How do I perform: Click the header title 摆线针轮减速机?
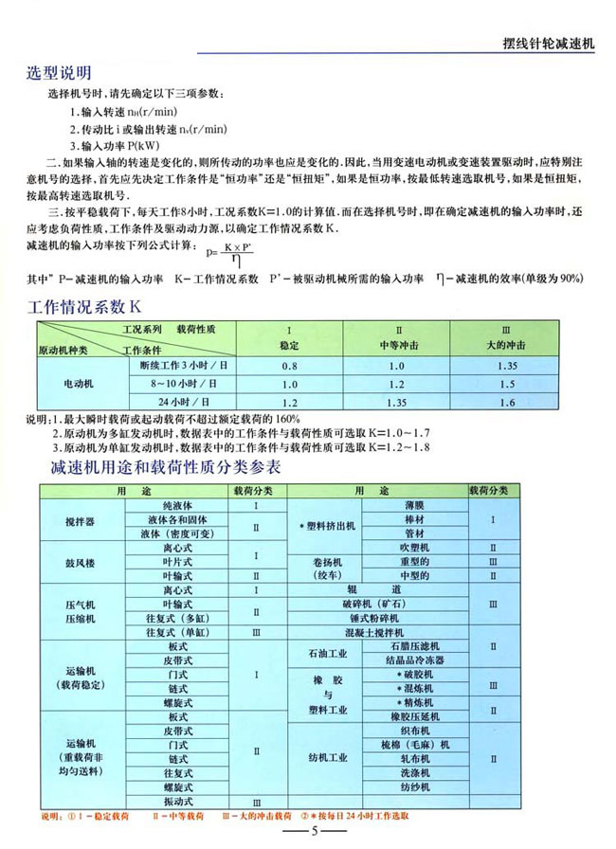547,43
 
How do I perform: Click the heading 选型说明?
61,73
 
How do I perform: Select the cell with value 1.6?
506,403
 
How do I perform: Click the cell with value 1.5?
506,384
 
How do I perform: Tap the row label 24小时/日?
180,403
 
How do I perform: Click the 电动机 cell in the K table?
79,384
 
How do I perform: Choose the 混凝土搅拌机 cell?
379,631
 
